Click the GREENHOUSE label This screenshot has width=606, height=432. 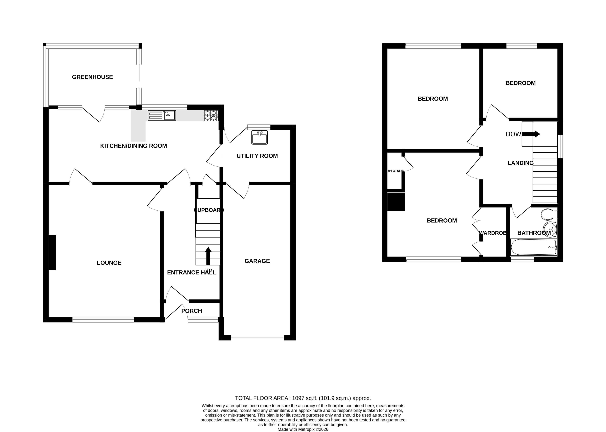click(x=92, y=77)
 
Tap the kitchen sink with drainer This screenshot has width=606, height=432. click(x=162, y=116)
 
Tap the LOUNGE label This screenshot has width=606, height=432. click(x=109, y=263)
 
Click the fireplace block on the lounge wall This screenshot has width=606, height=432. click(x=52, y=252)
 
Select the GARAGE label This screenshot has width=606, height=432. click(x=257, y=261)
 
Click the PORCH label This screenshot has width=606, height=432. click(x=191, y=311)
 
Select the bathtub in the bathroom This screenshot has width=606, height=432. click(x=533, y=247)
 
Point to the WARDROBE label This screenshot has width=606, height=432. click(x=494, y=233)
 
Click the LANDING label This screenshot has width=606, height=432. click(x=520, y=163)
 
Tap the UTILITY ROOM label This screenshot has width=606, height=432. click(x=257, y=156)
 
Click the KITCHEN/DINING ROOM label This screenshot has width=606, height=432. click(x=133, y=146)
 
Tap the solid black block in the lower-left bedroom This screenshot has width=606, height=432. click(x=396, y=202)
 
